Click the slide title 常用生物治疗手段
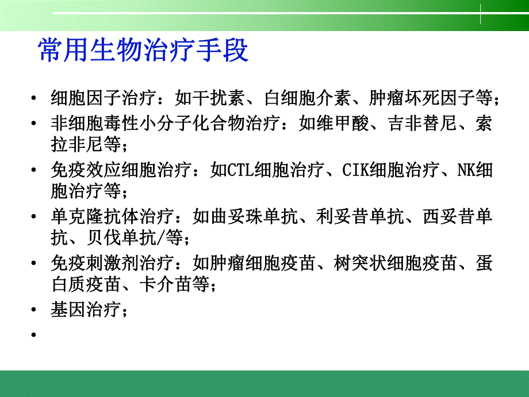143,51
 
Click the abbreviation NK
465,171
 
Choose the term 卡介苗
167,284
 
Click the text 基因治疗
87,310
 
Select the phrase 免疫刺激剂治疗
111,264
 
